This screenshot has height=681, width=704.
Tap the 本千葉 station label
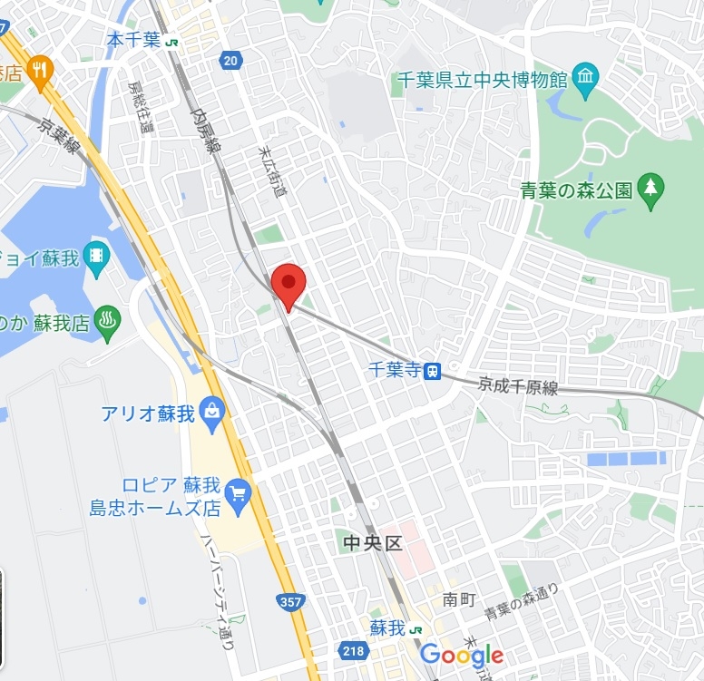click(133, 40)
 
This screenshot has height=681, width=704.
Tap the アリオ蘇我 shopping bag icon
click(212, 413)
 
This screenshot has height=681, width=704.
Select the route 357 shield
click(293, 601)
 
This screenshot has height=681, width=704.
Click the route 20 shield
click(231, 61)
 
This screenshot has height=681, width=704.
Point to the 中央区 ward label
click(371, 543)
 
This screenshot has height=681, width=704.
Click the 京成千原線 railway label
click(519, 384)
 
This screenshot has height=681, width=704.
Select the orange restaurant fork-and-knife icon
click(40, 70)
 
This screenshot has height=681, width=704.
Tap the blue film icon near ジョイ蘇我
click(96, 256)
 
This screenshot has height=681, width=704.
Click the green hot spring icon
click(108, 321)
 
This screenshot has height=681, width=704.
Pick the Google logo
click(461, 655)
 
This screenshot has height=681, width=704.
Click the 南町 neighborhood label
click(459, 599)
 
